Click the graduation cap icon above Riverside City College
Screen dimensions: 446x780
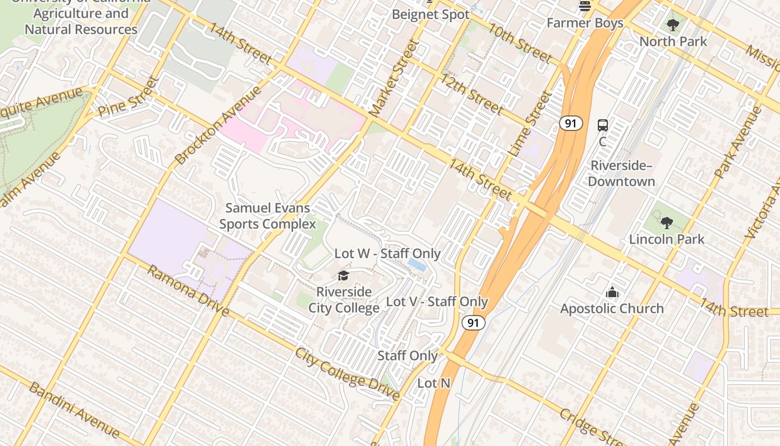343,276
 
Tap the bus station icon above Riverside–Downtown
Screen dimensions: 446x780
602,125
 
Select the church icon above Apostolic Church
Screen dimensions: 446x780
612,292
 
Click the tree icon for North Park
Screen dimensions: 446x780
673,25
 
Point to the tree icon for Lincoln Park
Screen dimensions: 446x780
666,223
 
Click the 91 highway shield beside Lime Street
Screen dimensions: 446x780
571,123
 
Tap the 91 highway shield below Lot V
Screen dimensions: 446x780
473,322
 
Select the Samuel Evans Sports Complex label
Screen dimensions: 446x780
267,216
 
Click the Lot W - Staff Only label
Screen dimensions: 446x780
387,254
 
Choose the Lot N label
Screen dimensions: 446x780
433,383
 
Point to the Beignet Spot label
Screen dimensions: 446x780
431,14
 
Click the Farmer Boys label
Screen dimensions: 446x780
584,23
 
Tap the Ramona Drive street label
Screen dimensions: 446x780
188,290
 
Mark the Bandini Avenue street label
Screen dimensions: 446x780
74,410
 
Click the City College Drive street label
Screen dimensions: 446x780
347,374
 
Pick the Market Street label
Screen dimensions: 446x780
393,79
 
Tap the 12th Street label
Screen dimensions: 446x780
472,94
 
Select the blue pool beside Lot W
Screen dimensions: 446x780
417,264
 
